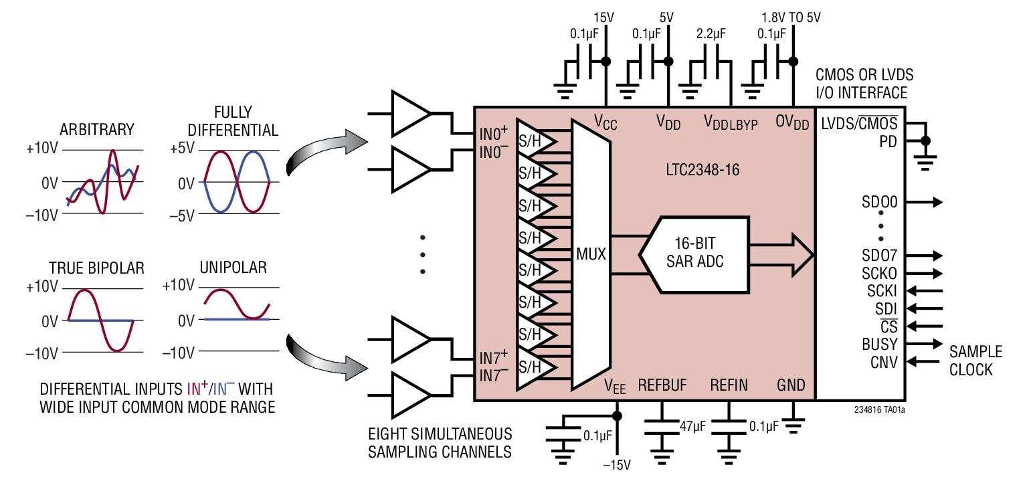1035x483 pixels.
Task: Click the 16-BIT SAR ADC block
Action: click(x=694, y=254)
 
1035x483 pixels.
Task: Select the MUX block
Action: click(x=591, y=254)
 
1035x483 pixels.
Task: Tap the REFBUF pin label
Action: click(x=662, y=385)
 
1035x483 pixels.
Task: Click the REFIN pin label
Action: click(x=729, y=385)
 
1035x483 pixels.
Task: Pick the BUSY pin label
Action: click(x=879, y=345)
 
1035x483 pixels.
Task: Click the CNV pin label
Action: click(x=883, y=363)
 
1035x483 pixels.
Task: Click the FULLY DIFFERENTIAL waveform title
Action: click(x=233, y=120)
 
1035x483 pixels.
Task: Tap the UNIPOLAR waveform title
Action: click(x=232, y=268)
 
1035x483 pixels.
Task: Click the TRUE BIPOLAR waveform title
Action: click(x=96, y=268)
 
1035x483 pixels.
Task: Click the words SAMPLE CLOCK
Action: click(x=975, y=361)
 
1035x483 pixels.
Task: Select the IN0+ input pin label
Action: click(x=494, y=134)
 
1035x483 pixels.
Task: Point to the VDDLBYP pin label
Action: click(x=731, y=122)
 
